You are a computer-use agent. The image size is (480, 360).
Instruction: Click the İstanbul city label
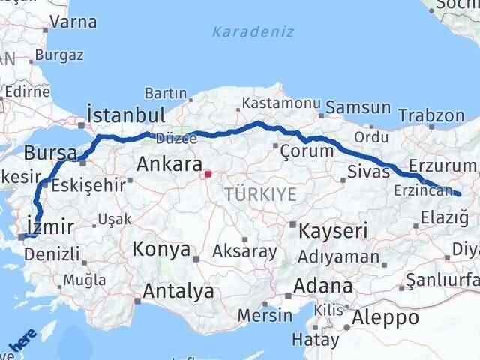125,115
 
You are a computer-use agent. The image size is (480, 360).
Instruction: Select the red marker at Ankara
206,175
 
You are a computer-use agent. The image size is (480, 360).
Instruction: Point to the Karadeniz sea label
253,31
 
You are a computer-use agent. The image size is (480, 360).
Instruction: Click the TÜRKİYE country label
260,194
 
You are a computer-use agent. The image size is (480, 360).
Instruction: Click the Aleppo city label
387,316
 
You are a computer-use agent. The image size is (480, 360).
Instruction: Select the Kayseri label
333,230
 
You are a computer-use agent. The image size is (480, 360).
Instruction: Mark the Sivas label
369,172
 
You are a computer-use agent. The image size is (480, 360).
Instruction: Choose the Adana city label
323,286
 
